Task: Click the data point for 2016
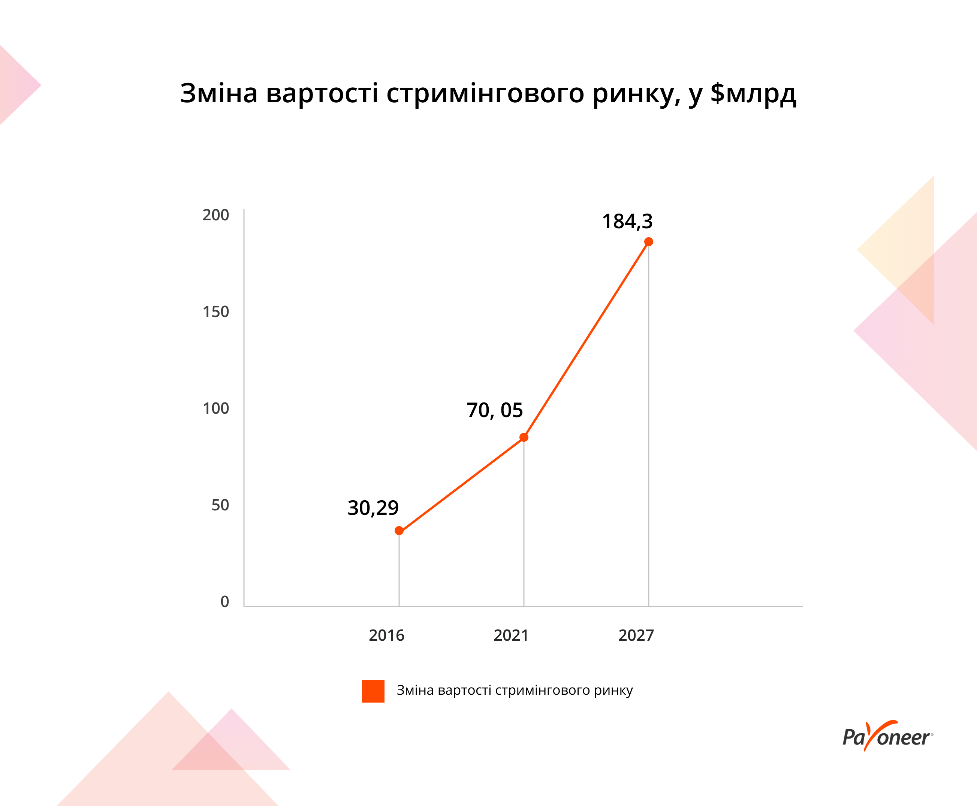tap(399, 531)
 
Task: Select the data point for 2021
tap(524, 437)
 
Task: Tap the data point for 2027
tap(649, 242)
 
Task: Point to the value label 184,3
tap(627, 221)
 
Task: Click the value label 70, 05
tap(495, 410)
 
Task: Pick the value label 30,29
tap(373, 508)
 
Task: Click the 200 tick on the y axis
tap(216, 215)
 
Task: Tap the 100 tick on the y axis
tap(216, 408)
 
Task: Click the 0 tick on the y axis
tap(225, 602)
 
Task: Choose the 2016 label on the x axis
tap(386, 635)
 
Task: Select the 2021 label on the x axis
tap(511, 635)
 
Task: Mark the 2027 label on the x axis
tap(636, 635)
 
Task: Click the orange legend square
tap(373, 691)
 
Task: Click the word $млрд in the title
tap(753, 93)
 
